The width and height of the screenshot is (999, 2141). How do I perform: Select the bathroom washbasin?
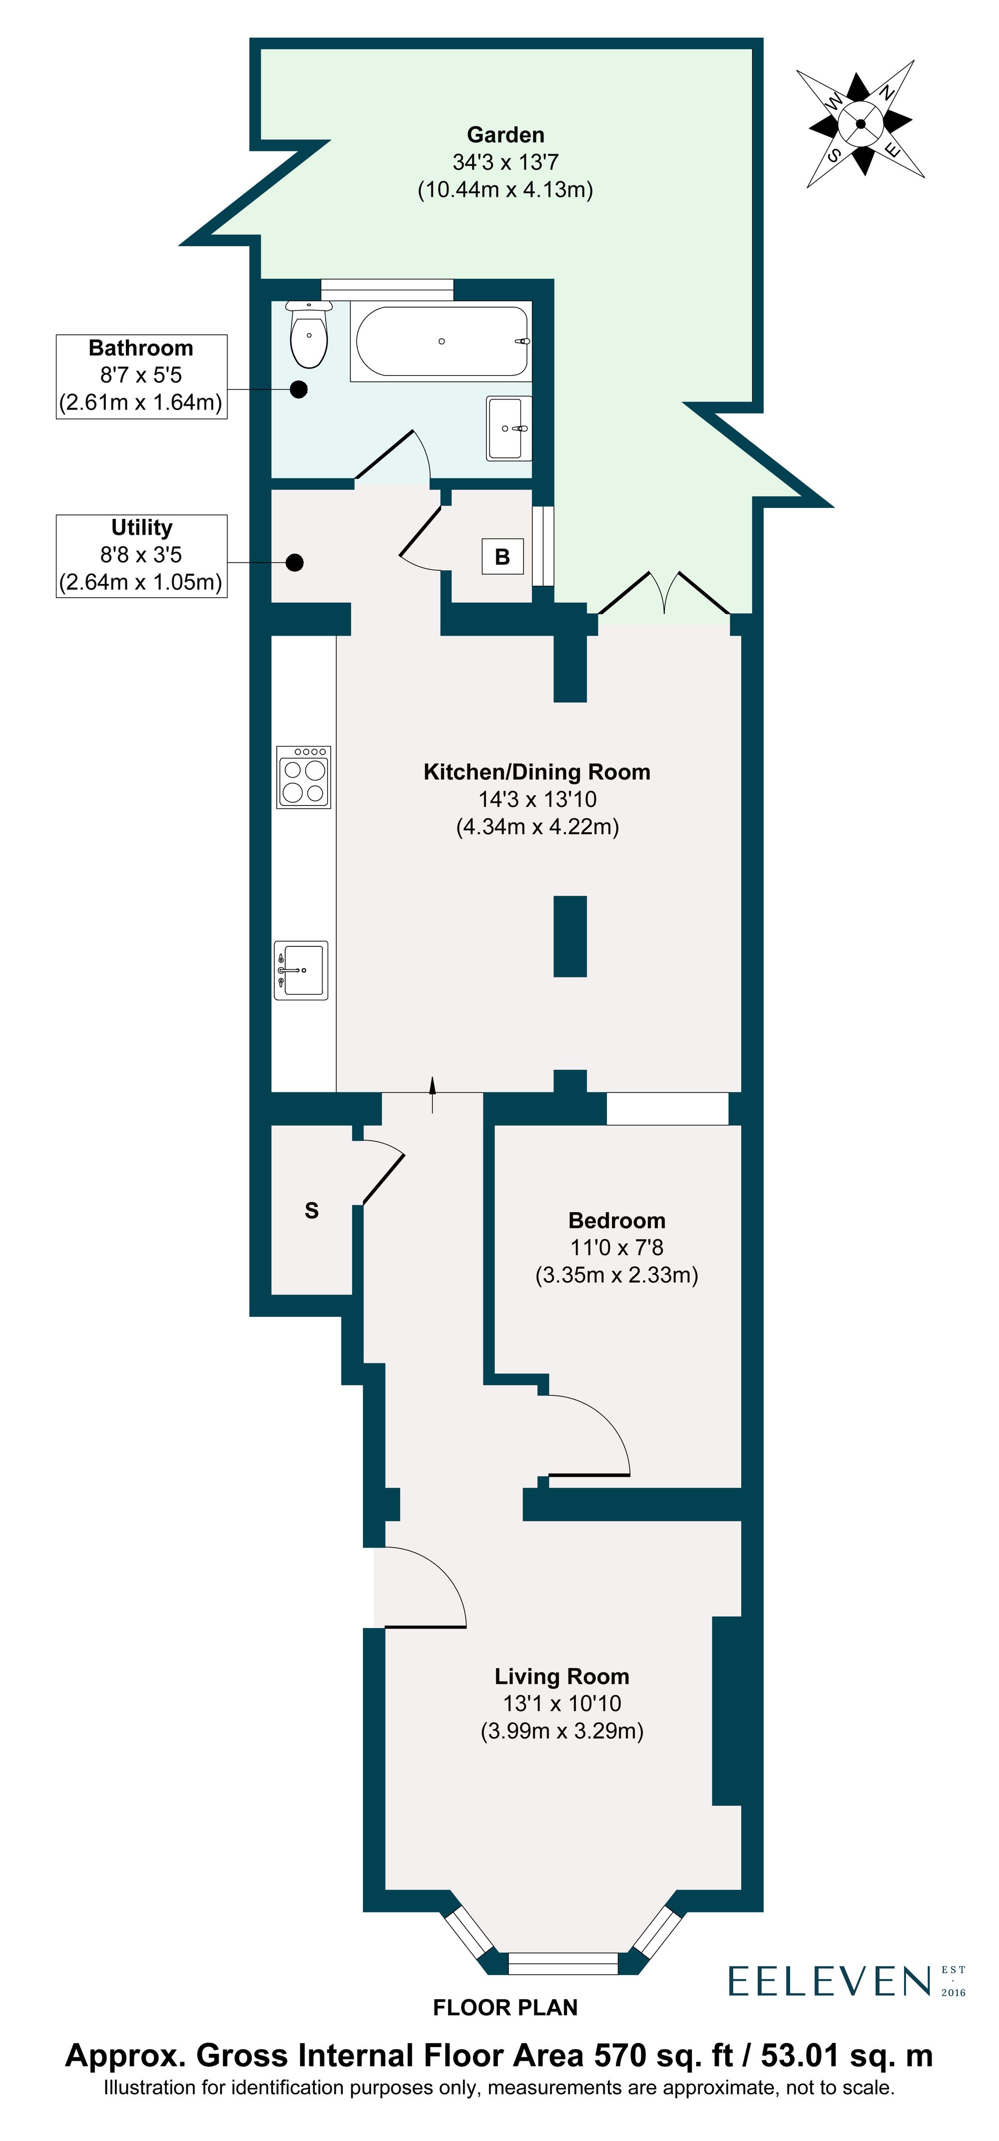point(508,428)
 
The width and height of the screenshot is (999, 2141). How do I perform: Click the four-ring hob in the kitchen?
point(303,777)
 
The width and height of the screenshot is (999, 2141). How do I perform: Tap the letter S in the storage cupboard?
point(312,1210)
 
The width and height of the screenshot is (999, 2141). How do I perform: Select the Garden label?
point(505,135)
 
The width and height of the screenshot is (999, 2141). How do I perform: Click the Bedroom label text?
point(617,1220)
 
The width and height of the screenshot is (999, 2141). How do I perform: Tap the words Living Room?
point(562,1677)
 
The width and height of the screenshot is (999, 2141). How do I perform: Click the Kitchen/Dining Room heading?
point(537,772)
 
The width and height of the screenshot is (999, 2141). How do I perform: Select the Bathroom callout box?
point(141,376)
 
